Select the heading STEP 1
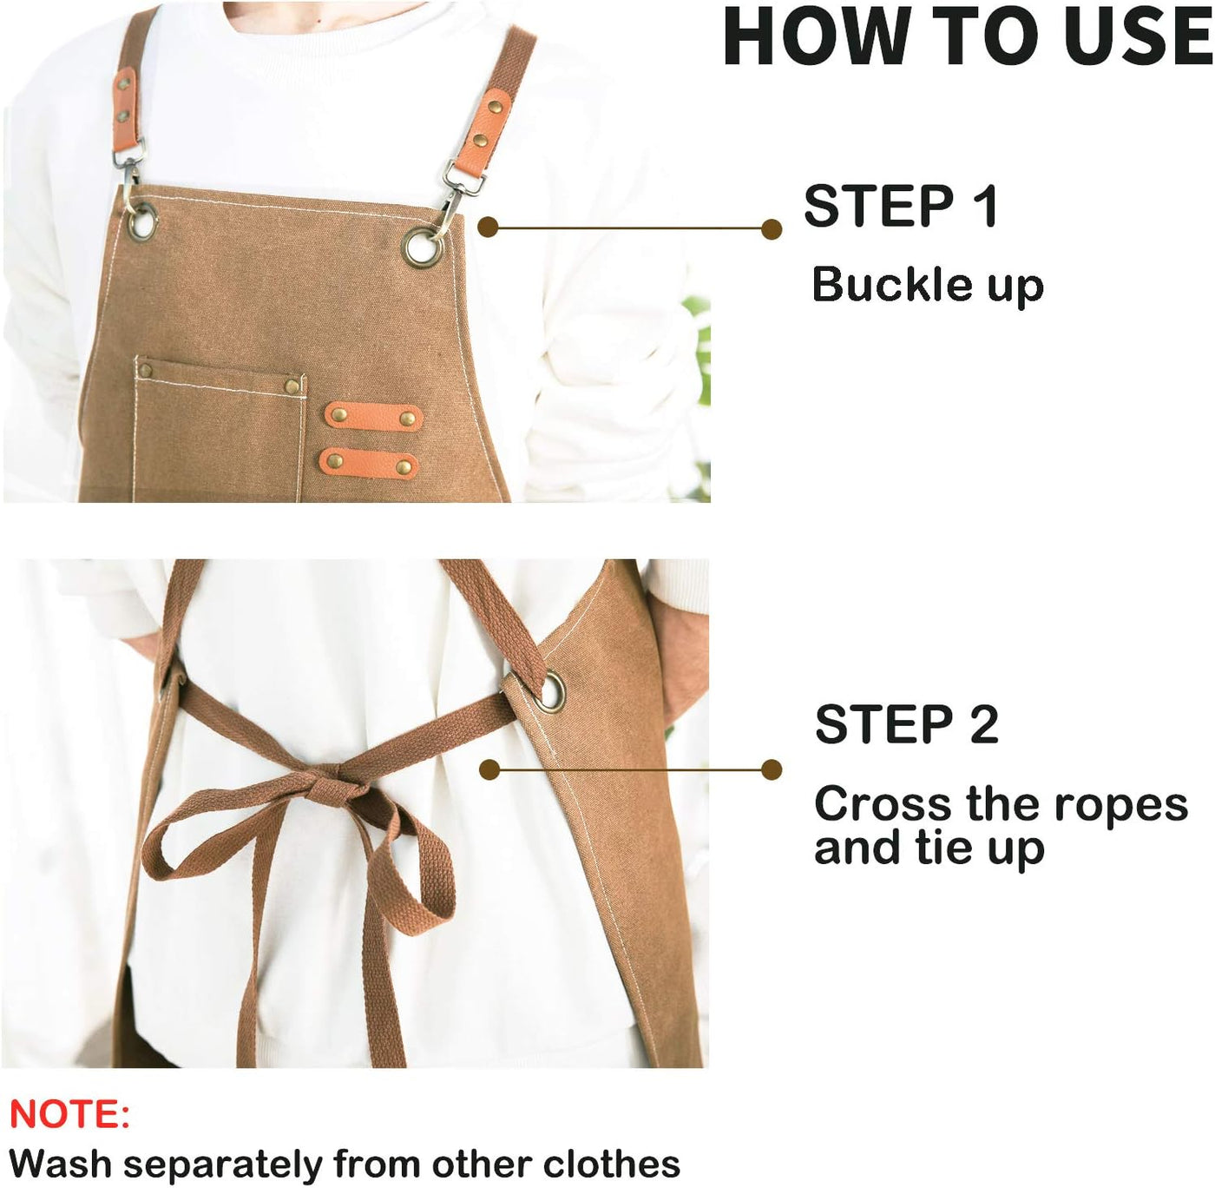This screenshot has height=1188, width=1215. click(x=901, y=207)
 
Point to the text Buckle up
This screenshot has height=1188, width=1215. click(x=927, y=285)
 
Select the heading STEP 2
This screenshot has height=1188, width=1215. click(x=906, y=724)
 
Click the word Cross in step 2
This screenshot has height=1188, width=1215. click(x=882, y=804)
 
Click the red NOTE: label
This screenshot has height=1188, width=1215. click(x=69, y=1114)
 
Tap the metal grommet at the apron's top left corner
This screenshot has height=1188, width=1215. click(x=142, y=220)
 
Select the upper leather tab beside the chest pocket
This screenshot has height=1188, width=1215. click(x=373, y=417)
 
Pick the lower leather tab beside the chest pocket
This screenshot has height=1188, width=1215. click(x=369, y=462)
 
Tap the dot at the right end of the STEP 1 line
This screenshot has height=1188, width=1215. click(x=771, y=229)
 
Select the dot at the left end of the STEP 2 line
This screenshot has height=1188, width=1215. click(x=490, y=769)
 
